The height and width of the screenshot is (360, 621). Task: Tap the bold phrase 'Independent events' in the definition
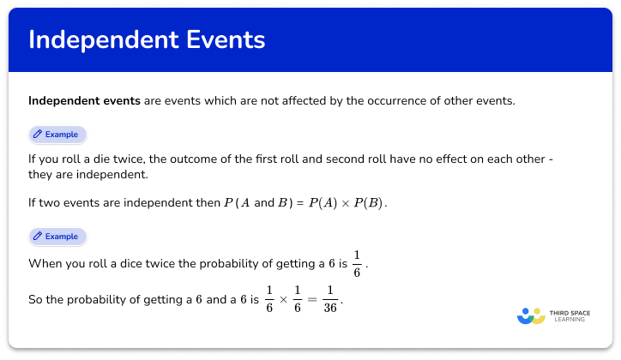click(84, 101)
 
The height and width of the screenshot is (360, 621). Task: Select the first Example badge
click(58, 135)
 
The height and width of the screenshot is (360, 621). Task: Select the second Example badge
click(58, 236)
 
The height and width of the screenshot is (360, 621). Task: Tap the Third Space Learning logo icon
click(531, 315)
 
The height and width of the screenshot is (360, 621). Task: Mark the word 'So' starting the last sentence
click(36, 301)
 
